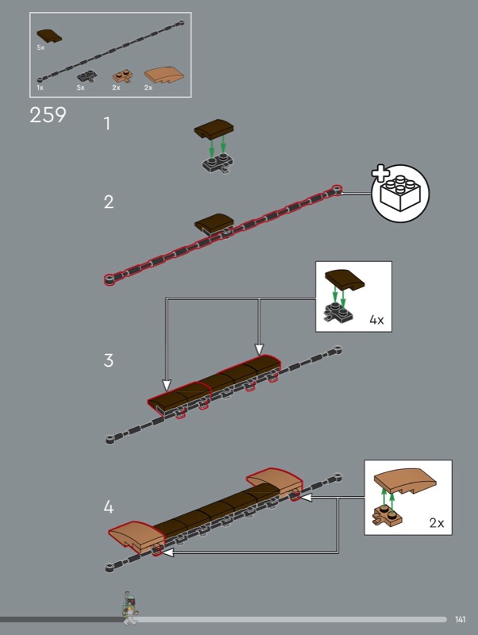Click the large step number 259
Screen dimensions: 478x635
tap(48, 115)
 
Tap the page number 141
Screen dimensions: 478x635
tap(461, 619)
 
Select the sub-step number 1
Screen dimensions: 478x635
tap(107, 124)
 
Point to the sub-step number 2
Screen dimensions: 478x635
tap(109, 202)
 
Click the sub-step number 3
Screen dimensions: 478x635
tap(109, 360)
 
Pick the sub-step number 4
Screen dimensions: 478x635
tap(109, 506)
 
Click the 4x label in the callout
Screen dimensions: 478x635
tap(376, 320)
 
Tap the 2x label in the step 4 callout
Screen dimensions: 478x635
tap(437, 523)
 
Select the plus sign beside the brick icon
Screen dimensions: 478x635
tap(381, 173)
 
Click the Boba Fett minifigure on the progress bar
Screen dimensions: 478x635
tap(130, 607)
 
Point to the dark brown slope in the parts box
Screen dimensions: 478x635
tap(49, 36)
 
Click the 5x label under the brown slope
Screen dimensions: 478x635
tap(40, 48)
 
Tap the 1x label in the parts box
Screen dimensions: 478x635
tap(40, 87)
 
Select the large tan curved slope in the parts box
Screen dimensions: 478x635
tap(164, 75)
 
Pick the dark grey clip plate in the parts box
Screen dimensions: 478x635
tap(87, 75)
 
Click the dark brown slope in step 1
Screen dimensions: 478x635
tap(214, 129)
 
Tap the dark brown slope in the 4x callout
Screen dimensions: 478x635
tap(345, 279)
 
